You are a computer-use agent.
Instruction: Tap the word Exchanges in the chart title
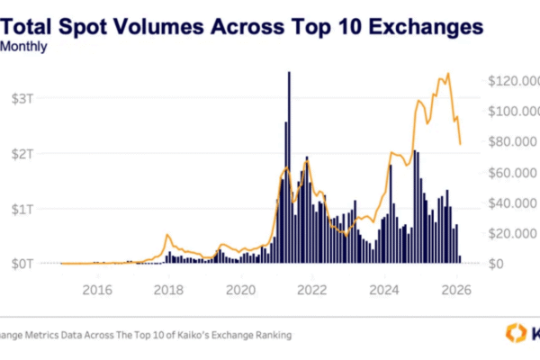pyautogui.click(x=418, y=27)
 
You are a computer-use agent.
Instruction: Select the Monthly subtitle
pyautogui.click(x=25, y=48)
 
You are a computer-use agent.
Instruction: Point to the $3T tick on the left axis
pyautogui.click(x=23, y=96)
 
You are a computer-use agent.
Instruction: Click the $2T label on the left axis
pyautogui.click(x=23, y=153)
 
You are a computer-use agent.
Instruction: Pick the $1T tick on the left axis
pyautogui.click(x=23, y=209)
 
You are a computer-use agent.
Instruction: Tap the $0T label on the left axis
pyautogui.click(x=23, y=264)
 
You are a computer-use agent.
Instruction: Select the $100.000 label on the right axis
pyautogui.click(x=513, y=112)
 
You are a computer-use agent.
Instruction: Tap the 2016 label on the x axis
pyautogui.click(x=97, y=290)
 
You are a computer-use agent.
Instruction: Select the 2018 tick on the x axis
pyautogui.click(x=168, y=290)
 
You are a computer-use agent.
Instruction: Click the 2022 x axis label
pyautogui.click(x=312, y=290)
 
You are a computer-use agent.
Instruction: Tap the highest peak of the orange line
pyautogui.click(x=447, y=75)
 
